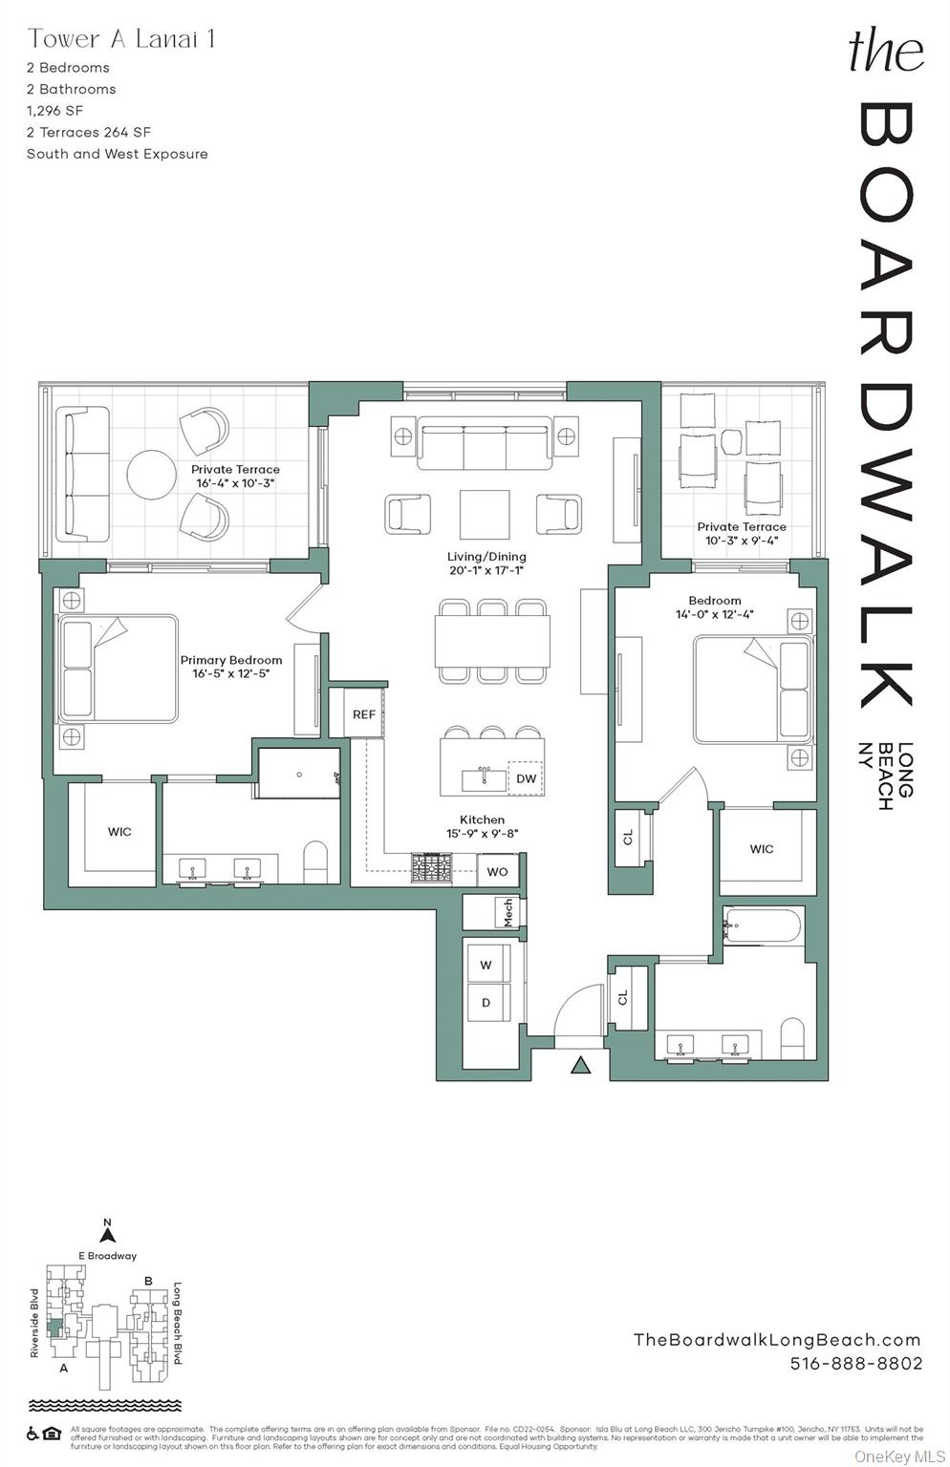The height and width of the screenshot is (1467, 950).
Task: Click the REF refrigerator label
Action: [363, 714]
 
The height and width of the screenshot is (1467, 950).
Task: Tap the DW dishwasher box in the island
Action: [526, 778]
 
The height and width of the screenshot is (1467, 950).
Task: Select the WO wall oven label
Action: [497, 871]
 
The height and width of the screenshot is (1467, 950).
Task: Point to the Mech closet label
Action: [507, 912]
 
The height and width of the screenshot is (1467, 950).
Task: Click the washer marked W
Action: [486, 965]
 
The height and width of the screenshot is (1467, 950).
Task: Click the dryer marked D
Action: [486, 1003]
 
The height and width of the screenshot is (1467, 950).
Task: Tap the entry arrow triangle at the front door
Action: [580, 1065]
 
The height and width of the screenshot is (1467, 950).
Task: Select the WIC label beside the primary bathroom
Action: [119, 832]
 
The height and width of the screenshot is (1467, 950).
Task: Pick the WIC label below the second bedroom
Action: [762, 849]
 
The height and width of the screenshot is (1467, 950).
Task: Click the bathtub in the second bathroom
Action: [762, 924]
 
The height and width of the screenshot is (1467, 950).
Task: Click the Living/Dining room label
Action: [486, 557]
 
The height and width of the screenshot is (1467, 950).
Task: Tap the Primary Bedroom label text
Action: [231, 660]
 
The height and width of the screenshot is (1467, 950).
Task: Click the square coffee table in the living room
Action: [485, 515]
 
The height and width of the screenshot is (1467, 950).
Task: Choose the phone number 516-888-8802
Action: [856, 1364]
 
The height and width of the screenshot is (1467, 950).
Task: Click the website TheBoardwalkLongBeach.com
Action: [777, 1340]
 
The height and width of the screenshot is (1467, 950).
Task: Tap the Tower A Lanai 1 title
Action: [121, 39]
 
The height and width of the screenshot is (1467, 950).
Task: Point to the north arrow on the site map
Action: [108, 1234]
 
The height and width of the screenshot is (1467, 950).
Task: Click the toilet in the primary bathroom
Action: [315, 861]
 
